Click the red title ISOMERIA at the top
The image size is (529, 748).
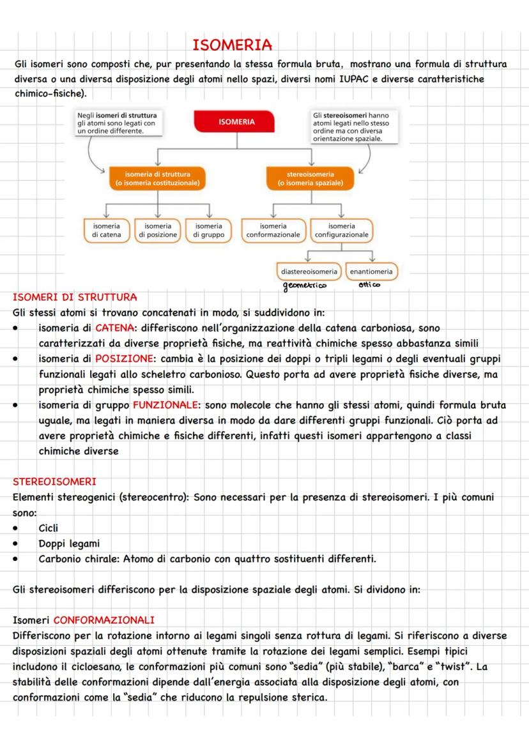[232, 45]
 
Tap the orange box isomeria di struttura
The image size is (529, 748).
[157, 178]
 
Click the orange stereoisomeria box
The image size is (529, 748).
[310, 178]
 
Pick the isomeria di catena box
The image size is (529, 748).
[107, 230]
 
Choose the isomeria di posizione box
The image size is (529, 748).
[157, 230]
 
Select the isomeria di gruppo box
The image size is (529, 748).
[208, 230]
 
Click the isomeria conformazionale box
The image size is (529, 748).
[273, 230]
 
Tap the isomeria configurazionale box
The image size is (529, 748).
[342, 230]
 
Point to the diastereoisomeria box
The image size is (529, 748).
[309, 271]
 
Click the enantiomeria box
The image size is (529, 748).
[371, 271]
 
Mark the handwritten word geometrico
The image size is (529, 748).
[305, 286]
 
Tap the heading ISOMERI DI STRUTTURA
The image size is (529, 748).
[75, 297]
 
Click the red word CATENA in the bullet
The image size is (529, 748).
[113, 328]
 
